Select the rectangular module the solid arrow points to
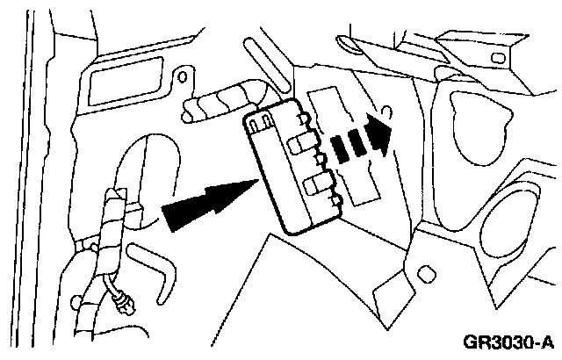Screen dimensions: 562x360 294,167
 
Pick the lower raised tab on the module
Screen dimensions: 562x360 321,186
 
